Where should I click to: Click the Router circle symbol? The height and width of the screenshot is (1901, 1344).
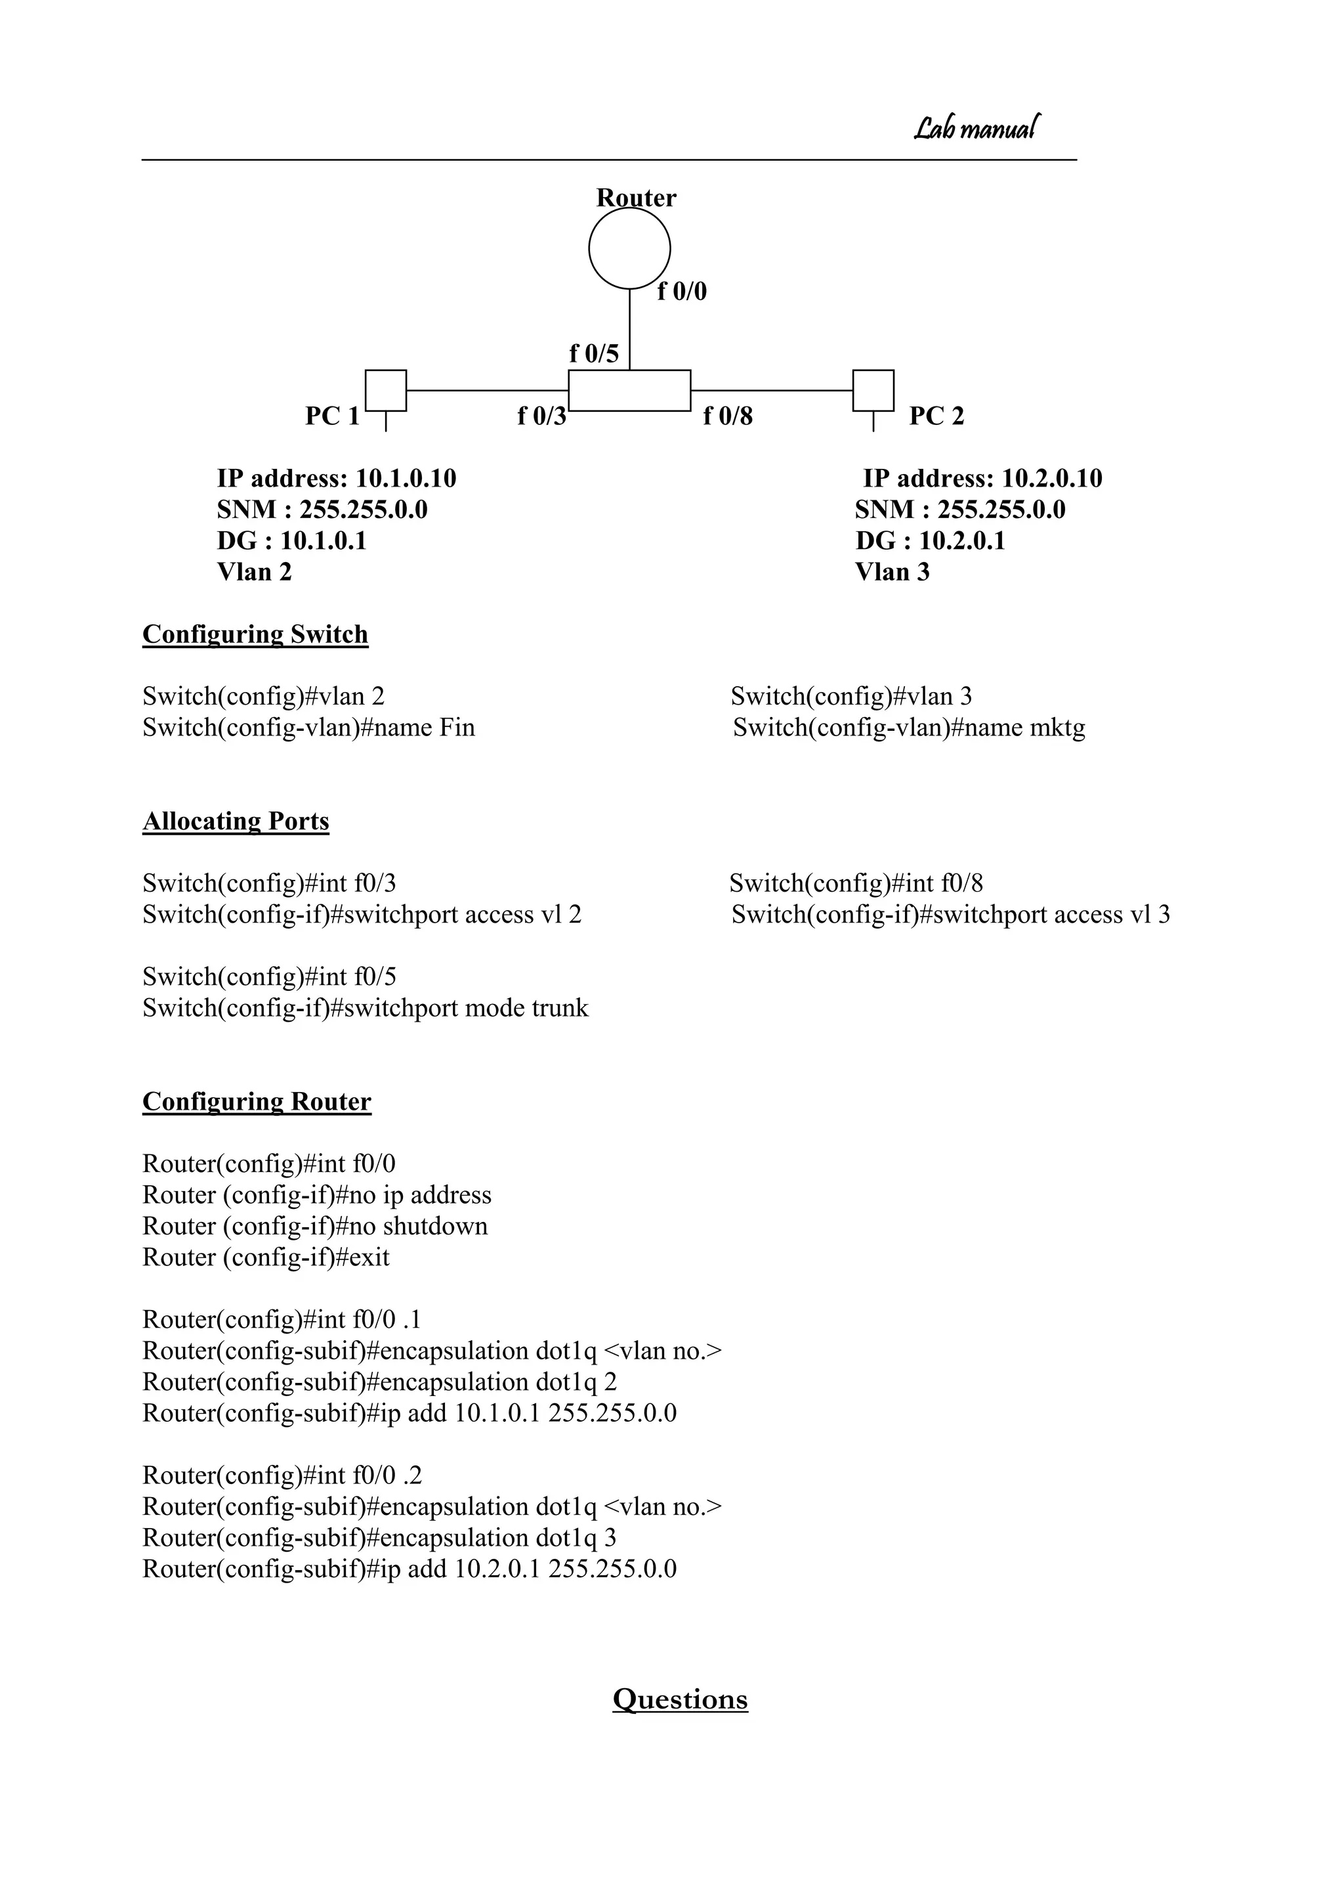[x=629, y=248]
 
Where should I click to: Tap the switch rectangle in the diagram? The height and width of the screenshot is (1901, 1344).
[x=629, y=390]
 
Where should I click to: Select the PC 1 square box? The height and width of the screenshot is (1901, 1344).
[x=386, y=390]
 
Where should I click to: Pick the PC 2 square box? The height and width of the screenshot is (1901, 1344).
[x=873, y=390]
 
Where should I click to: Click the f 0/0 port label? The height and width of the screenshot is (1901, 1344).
[x=682, y=292]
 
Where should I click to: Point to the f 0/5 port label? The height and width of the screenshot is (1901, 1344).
[x=593, y=353]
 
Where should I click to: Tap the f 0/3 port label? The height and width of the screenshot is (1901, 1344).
[x=542, y=416]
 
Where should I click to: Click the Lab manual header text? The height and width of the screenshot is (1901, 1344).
[x=976, y=128]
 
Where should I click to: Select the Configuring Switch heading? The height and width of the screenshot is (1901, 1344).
[x=255, y=634]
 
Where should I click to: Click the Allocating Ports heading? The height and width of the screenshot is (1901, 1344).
[x=236, y=821]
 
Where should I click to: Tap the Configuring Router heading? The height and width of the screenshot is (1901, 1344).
[x=257, y=1102]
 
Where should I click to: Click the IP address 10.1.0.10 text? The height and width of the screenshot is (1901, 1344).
[x=336, y=479]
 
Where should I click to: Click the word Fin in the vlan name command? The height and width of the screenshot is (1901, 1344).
[x=457, y=728]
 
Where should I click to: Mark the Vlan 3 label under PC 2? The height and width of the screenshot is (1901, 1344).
[x=892, y=572]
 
